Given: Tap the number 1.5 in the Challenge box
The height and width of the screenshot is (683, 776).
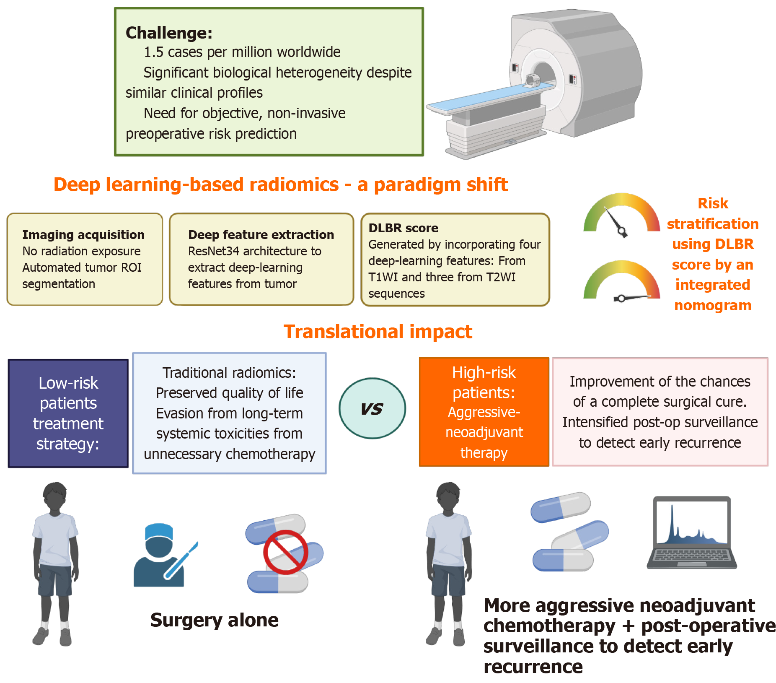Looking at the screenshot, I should (x=153, y=52).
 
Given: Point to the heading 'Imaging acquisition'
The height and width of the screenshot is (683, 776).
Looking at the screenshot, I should (x=83, y=235).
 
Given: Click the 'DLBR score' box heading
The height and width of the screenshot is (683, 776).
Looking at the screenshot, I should (x=403, y=228).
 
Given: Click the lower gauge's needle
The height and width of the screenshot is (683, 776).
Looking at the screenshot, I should (x=633, y=298).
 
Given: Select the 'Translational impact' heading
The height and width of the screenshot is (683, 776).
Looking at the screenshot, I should (x=378, y=332).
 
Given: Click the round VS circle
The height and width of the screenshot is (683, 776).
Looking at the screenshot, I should (x=372, y=408).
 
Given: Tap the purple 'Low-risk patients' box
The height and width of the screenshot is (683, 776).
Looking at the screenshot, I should (x=68, y=413).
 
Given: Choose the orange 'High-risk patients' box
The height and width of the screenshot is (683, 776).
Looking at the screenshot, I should (x=484, y=412).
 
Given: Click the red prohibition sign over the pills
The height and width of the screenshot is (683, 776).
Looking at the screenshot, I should (x=285, y=552).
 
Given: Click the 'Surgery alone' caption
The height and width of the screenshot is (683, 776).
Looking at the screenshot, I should (x=214, y=620).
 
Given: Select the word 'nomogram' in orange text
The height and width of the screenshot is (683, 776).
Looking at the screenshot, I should (x=713, y=305).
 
